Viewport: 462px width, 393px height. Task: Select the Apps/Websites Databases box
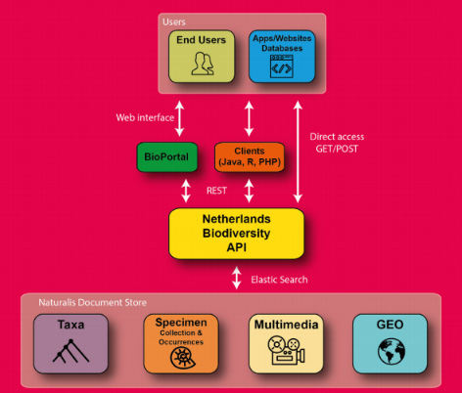[282, 56]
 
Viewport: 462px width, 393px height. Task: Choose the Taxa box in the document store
[69, 343]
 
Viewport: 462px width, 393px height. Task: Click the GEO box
[390, 343]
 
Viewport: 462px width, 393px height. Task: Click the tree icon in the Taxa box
[69, 355]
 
